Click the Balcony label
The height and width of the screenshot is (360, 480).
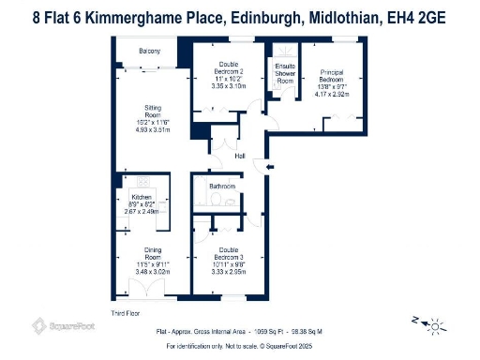point(148,51)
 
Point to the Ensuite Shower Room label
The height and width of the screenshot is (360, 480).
point(285,74)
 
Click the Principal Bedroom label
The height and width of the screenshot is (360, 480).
point(333,75)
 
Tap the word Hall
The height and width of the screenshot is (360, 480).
point(240,156)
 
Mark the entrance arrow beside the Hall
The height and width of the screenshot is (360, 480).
point(270,167)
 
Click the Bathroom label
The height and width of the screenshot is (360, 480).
point(222,187)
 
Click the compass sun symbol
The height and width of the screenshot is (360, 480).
point(435,325)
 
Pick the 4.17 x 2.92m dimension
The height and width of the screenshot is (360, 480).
point(333,94)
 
